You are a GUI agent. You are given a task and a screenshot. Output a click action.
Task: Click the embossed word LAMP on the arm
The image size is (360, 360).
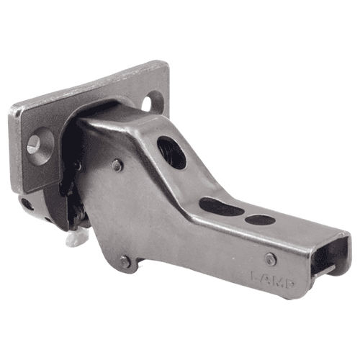click(x=271, y=276)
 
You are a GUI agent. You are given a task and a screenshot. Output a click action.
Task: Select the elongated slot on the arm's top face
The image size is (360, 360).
click(x=220, y=207)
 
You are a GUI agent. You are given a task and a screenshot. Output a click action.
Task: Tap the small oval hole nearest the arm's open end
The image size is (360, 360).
click(x=259, y=220)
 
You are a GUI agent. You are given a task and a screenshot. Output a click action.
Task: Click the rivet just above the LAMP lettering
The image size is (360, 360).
click(x=270, y=258)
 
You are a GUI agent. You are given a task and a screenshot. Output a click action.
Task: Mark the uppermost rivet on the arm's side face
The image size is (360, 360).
click(x=117, y=166)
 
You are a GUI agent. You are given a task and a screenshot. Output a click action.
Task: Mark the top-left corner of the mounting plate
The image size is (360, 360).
click(x=12, y=110)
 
